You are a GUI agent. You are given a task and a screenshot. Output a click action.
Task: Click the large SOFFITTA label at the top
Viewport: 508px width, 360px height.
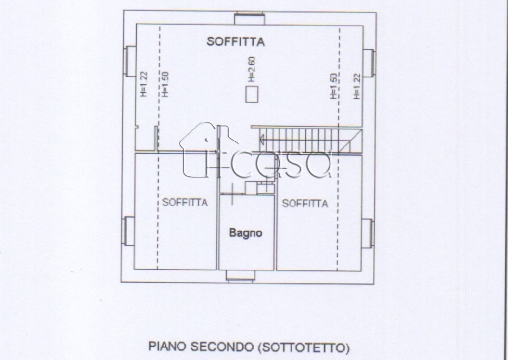point(236,41)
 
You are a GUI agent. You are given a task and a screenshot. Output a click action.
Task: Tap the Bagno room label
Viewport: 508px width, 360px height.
point(245,232)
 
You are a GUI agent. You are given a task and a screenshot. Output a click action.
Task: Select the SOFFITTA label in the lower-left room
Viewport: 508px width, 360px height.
point(185,202)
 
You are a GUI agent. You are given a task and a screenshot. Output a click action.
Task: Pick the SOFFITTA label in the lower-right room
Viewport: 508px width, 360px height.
point(305,203)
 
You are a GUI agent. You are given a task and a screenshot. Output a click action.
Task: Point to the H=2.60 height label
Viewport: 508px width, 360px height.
point(252,69)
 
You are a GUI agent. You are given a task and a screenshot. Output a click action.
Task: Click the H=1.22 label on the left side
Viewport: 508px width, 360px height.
point(143,84)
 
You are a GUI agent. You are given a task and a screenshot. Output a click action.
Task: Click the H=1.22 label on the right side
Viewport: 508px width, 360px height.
point(356,86)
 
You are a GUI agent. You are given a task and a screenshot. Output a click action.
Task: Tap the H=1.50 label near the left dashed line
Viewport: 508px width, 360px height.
point(165,84)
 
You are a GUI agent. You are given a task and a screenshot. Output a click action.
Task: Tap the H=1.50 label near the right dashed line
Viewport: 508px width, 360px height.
point(334,86)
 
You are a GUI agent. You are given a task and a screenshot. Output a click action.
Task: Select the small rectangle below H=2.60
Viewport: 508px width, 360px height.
point(252,94)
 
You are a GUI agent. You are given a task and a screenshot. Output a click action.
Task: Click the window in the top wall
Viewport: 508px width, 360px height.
point(250,18)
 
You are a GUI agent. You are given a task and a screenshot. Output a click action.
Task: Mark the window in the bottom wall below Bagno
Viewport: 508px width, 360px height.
point(241,276)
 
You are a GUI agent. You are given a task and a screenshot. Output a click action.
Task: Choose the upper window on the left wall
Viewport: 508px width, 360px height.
point(129,61)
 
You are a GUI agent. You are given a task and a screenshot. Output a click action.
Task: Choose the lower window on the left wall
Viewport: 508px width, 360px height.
point(128,231)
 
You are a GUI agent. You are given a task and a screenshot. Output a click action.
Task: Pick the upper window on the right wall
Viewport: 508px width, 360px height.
point(368,63)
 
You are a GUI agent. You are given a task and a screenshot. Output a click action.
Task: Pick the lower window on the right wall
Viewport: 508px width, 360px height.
point(368,233)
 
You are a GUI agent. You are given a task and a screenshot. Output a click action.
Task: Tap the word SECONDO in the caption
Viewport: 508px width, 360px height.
point(222,347)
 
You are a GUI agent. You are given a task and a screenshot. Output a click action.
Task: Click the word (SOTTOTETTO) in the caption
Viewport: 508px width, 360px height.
point(304,347)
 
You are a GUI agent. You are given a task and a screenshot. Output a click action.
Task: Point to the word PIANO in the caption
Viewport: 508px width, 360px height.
point(167,347)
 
